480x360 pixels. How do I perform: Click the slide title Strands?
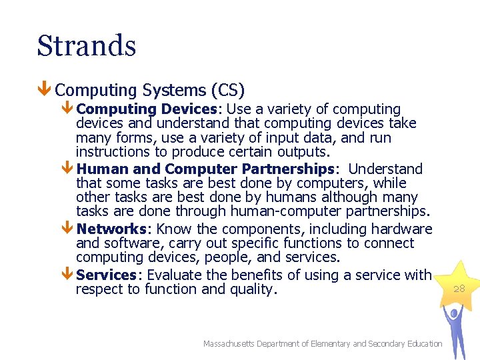(87, 46)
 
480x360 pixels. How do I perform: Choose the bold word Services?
(107, 275)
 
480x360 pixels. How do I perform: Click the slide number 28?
(459, 289)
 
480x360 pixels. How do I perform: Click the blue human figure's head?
(455, 314)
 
